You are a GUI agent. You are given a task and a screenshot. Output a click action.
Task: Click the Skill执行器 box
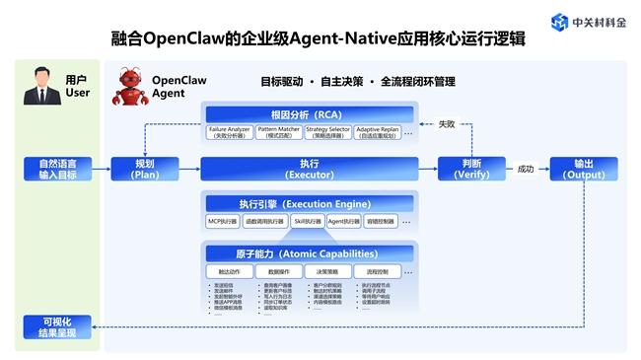(x=307, y=221)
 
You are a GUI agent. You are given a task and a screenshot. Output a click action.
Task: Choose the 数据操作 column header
(x=278, y=270)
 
